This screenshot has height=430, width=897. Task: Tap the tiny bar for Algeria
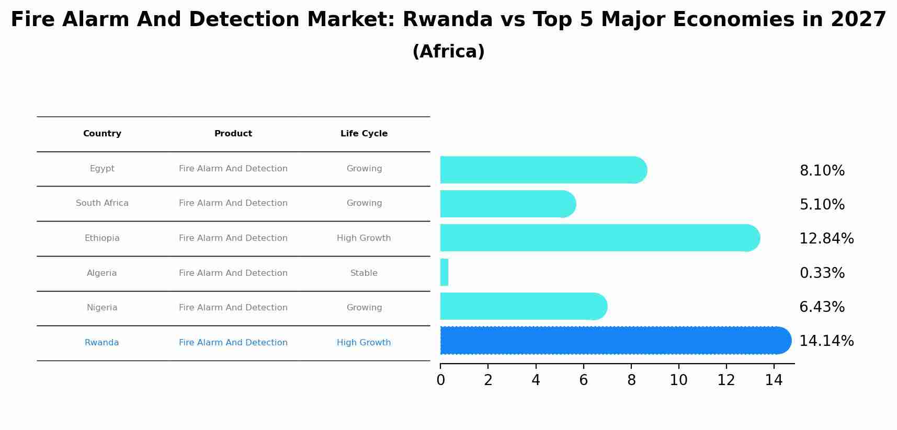445,272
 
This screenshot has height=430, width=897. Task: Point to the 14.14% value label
826,341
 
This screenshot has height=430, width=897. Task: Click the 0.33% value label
822,273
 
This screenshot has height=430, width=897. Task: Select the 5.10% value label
822,205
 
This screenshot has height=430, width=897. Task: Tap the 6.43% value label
822,307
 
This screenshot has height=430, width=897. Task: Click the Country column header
102,134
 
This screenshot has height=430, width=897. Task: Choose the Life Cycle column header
364,134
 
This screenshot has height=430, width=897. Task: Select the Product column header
233,134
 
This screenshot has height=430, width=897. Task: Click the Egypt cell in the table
102,169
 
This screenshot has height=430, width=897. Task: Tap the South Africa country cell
102,203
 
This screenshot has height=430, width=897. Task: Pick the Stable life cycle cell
364,273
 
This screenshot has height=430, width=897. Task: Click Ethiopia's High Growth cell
364,238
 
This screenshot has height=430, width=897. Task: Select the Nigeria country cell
102,308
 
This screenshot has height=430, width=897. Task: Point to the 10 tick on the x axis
678,380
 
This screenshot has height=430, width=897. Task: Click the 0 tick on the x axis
440,380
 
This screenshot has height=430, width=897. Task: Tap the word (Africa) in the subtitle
448,52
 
